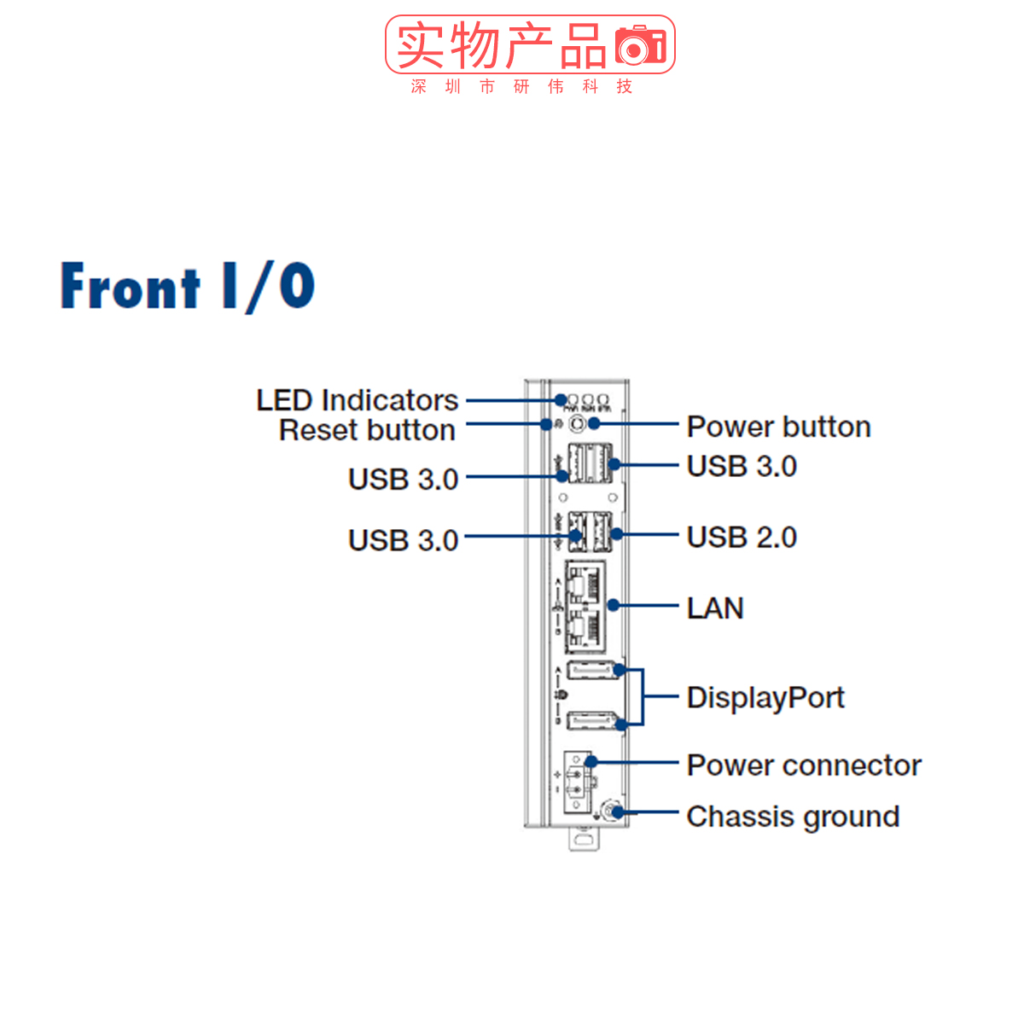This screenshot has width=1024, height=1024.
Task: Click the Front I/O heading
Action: click(x=188, y=286)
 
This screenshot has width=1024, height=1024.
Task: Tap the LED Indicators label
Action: click(x=357, y=400)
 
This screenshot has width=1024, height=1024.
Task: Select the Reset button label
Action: click(x=367, y=430)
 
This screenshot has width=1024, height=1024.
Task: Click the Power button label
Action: click(x=778, y=427)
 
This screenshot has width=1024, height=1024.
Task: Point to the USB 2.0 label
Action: click(x=742, y=538)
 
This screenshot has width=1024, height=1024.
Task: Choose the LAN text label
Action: click(x=715, y=608)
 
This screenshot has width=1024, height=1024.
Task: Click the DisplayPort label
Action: click(x=765, y=698)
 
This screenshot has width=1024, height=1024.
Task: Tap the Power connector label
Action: click(x=804, y=765)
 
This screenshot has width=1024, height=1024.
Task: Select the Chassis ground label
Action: click(x=793, y=817)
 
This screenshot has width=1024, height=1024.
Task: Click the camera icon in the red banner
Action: click(x=641, y=45)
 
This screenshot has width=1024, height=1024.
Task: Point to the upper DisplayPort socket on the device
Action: click(x=591, y=670)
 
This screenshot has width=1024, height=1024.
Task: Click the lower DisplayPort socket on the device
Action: click(x=591, y=721)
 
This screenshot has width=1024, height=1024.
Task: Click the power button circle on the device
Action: click(x=578, y=423)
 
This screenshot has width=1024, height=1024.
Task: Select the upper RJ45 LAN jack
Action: click(x=585, y=585)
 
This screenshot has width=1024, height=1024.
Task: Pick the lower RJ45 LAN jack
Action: click(x=585, y=630)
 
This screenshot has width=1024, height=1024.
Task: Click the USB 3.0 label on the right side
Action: click(x=742, y=467)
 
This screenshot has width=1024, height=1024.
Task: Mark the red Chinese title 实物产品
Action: click(x=501, y=45)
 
